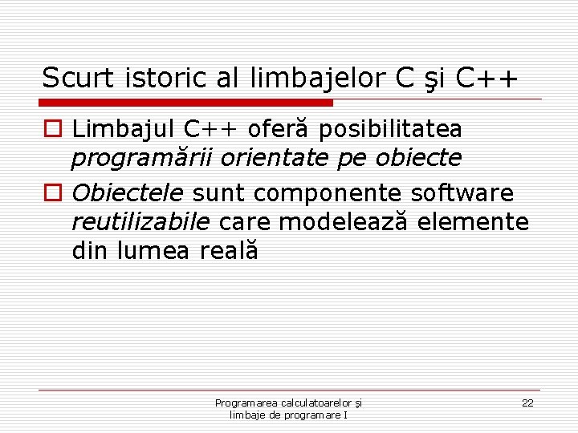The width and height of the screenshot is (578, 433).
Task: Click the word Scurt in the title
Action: [79, 79]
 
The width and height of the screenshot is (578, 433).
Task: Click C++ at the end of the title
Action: [486, 79]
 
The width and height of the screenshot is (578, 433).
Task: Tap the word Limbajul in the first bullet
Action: [123, 129]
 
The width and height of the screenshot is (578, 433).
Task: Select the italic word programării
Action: [142, 159]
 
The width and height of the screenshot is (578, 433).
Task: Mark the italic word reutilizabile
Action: [140, 221]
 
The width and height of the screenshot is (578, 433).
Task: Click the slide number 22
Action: [527, 403]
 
